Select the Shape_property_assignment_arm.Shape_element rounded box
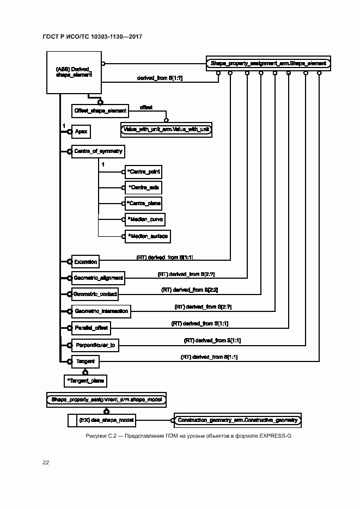tap(268, 63)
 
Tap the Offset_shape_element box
tap(100, 111)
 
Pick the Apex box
tap(81, 131)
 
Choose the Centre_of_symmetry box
tap(98, 151)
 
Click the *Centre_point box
tap(144, 171)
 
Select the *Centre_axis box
tap(144, 187)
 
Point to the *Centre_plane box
tap(144, 203)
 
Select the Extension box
tap(86, 262)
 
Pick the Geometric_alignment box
tap(98, 278)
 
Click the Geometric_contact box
tap(95, 294)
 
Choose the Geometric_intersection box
tap(101, 311)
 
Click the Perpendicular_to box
tap(95, 345)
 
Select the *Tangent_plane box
tap(85, 380)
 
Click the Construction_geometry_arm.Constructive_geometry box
tap(237, 420)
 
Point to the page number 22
tap(46, 462)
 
